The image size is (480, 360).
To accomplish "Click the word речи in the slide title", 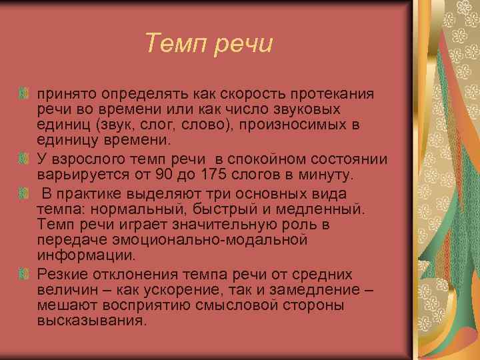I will (x=241, y=44).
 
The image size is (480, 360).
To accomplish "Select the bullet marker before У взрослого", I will (x=24, y=158).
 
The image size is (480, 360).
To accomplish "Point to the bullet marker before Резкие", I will (x=24, y=274).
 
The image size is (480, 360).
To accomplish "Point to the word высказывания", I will (x=90, y=321).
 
